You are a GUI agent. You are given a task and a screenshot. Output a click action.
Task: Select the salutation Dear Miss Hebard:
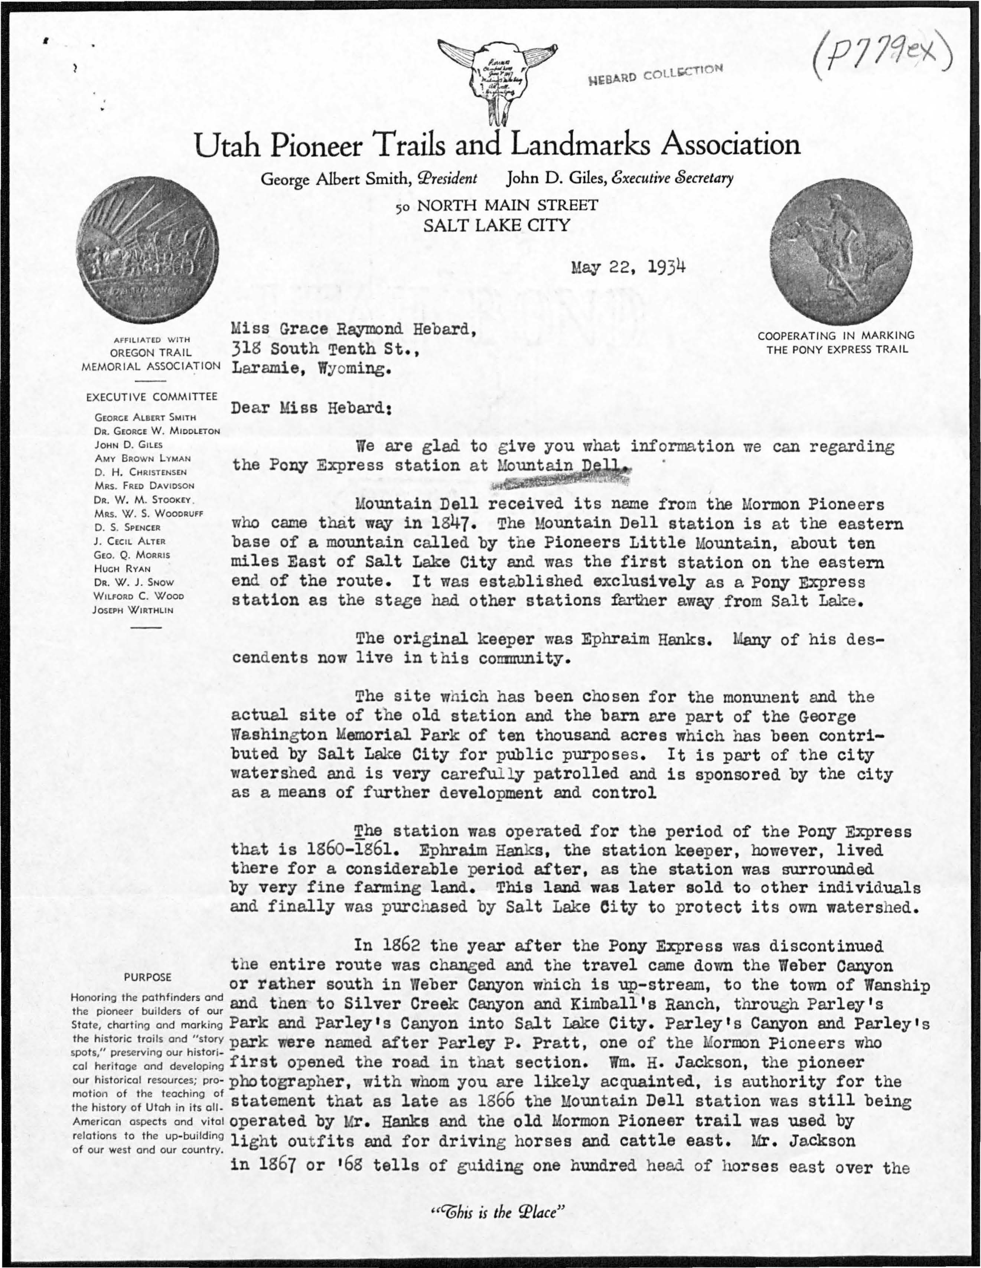pyautogui.click(x=312, y=408)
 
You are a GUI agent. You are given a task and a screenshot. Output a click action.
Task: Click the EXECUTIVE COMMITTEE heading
pyautogui.click(x=151, y=397)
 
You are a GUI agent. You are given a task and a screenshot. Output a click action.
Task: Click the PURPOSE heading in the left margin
pyautogui.click(x=147, y=977)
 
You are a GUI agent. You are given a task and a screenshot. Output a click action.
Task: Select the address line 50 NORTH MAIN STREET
pyautogui.click(x=496, y=205)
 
